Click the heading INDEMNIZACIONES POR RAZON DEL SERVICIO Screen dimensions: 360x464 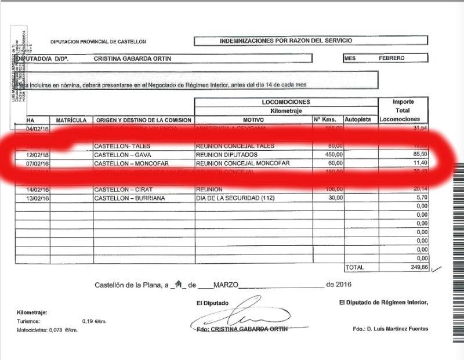286,41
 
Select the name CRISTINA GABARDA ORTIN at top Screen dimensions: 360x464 132,59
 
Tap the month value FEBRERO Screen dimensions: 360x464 392,59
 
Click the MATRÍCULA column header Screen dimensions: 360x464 71,120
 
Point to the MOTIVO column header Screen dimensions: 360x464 253,120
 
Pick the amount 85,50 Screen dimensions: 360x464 419,155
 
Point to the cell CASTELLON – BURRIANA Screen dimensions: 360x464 130,198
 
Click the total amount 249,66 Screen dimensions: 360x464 418,267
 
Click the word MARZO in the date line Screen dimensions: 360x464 226,285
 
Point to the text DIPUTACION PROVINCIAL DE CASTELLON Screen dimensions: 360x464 98,42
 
